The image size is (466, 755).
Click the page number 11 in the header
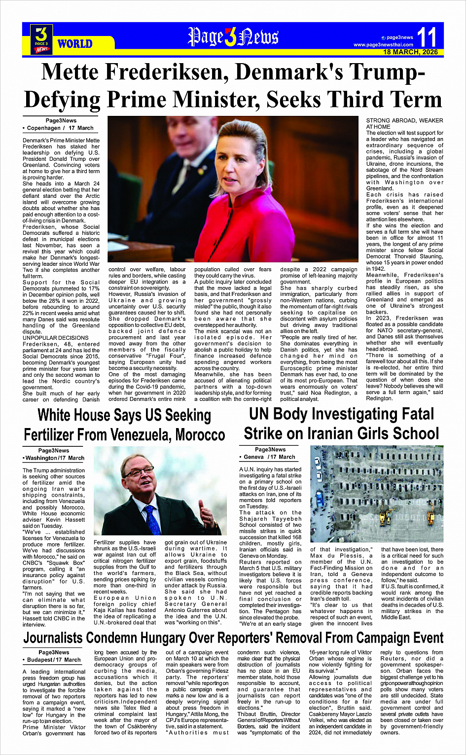427,37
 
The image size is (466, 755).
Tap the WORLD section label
75,44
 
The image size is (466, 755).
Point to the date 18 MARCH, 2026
410,52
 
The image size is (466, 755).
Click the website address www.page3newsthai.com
383,45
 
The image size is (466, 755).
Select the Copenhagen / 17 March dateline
60,128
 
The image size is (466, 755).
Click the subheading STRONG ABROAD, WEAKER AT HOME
404,123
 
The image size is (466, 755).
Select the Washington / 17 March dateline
54,458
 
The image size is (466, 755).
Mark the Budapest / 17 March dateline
54,660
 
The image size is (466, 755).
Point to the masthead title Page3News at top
233,37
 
